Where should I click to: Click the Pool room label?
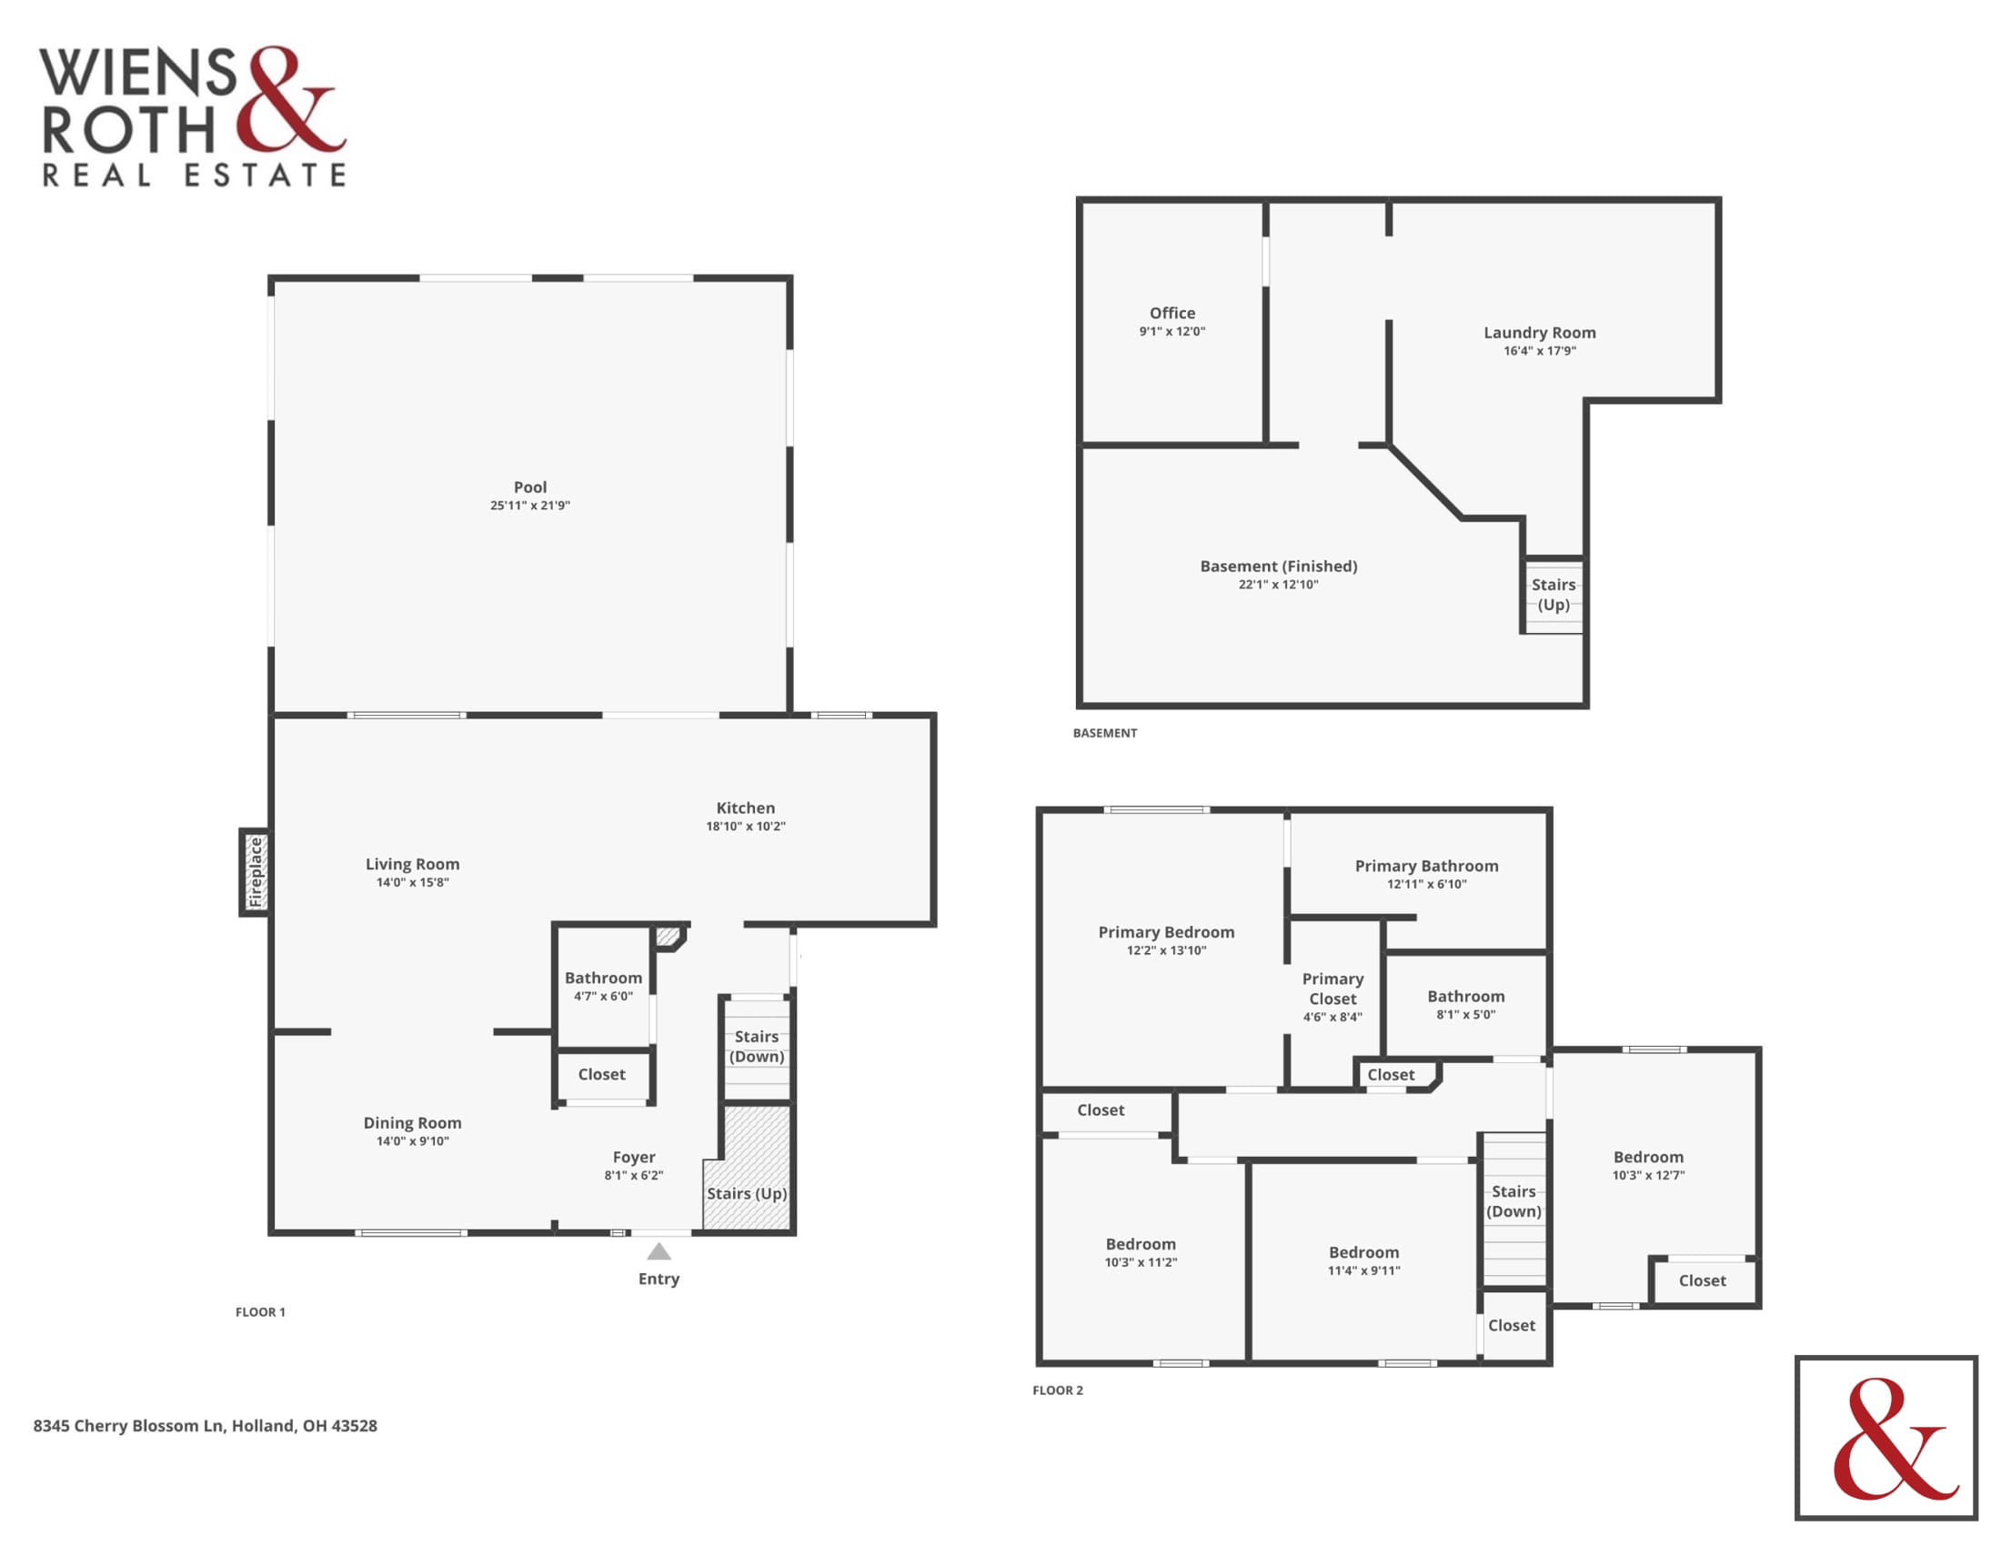pyautogui.click(x=529, y=487)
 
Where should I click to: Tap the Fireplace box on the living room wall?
pyautogui.click(x=255, y=872)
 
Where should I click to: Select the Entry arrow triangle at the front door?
pyautogui.click(x=659, y=1251)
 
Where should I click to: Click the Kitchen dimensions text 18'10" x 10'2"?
pyautogui.click(x=745, y=826)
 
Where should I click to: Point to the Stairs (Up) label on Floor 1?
pyautogui.click(x=747, y=1193)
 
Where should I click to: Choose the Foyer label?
pyautogui.click(x=634, y=1157)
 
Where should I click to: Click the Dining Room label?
pyautogui.click(x=412, y=1123)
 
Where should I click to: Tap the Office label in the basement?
pyautogui.click(x=1171, y=313)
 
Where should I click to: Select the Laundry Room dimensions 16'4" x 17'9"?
pyautogui.click(x=1539, y=351)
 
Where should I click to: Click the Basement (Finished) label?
pyautogui.click(x=1278, y=566)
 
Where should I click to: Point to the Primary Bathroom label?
pyautogui.click(x=1426, y=866)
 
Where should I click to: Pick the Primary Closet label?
pyautogui.click(x=1332, y=989)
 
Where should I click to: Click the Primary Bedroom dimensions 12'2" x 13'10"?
pyautogui.click(x=1165, y=950)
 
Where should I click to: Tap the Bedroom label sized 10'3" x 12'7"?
pyautogui.click(x=1648, y=1157)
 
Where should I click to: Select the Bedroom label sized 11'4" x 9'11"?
pyautogui.click(x=1363, y=1252)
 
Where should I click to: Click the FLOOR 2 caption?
pyautogui.click(x=1057, y=1390)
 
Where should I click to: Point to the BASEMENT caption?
pyautogui.click(x=1105, y=733)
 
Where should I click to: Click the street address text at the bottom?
pyautogui.click(x=206, y=1426)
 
